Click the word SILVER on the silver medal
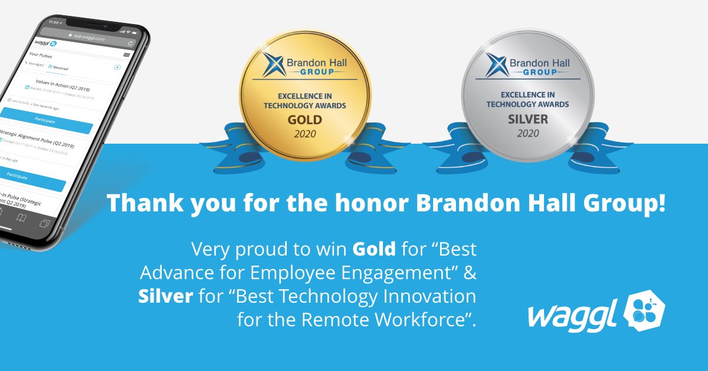[x=527, y=120]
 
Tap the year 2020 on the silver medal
[x=527, y=134]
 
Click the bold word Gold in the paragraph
[x=374, y=249]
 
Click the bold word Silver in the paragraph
[x=165, y=296]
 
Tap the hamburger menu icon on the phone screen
[x=126, y=55]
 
